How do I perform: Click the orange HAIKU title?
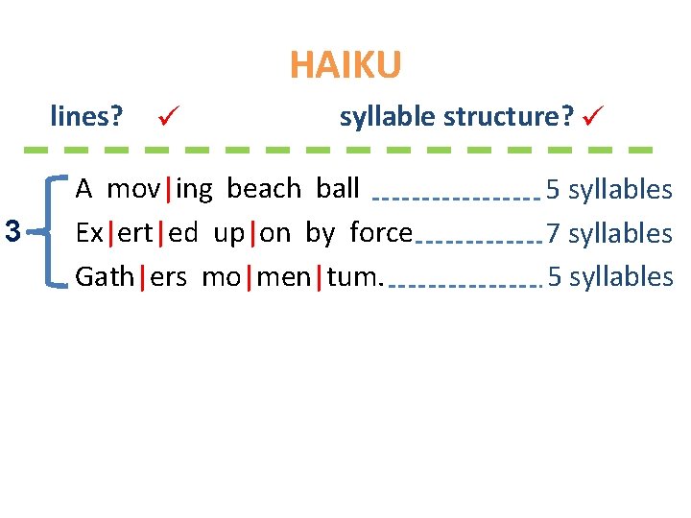[345, 66]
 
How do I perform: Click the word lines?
[86, 117]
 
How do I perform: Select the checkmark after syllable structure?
[592, 117]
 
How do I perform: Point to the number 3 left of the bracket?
[12, 231]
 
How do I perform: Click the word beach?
[264, 188]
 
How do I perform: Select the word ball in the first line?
[337, 188]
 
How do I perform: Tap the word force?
[381, 232]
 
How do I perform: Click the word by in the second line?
[322, 233]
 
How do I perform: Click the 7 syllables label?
[608, 233]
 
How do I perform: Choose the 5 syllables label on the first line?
[608, 189]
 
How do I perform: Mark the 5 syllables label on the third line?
[608, 277]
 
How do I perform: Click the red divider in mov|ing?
[170, 188]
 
